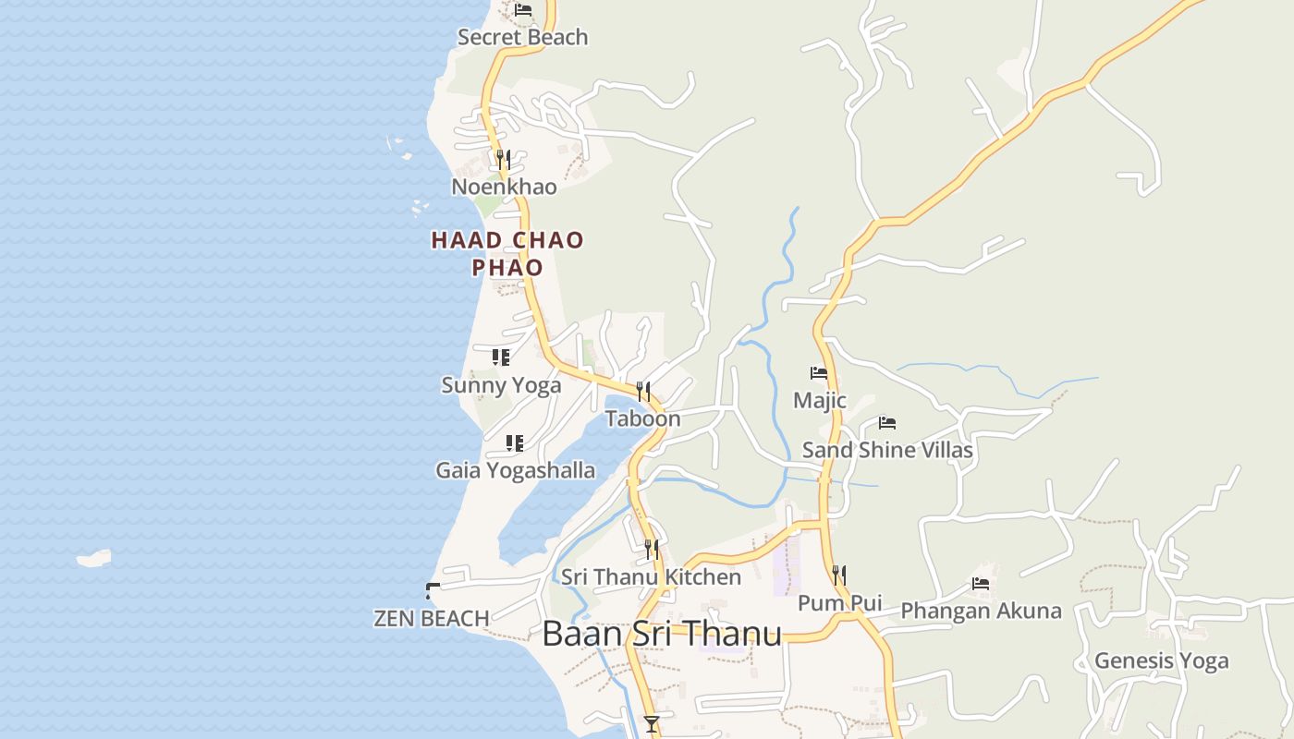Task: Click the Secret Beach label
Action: coord(522,37)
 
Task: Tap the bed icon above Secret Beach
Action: coord(523,10)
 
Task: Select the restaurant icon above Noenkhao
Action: coord(503,160)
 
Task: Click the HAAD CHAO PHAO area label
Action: coord(507,254)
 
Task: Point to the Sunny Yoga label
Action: coord(501,385)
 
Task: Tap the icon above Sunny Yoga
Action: coord(501,357)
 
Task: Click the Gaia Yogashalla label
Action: coord(515,470)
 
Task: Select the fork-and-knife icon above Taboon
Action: coord(643,392)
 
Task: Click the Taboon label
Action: coord(643,418)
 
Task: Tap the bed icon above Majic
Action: coord(819,373)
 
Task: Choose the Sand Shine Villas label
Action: coord(887,450)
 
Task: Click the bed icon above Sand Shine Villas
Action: coord(887,423)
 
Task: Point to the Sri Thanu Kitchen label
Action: coord(652,577)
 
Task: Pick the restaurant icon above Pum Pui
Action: coord(838,575)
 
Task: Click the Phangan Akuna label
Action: coord(981,611)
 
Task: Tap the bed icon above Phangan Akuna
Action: coord(981,584)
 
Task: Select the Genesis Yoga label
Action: coord(1161,660)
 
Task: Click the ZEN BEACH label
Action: coord(432,618)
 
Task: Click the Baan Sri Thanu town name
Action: coord(662,634)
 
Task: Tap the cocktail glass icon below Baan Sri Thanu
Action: coord(652,723)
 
